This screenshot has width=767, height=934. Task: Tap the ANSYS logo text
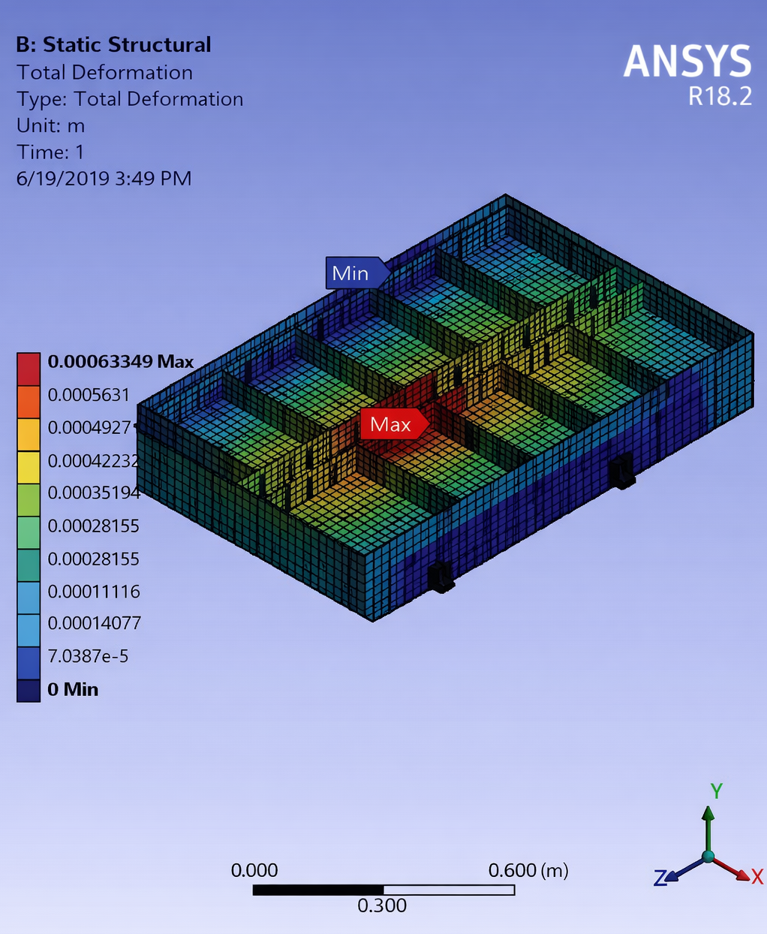[687, 61]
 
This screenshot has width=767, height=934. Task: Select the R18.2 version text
[720, 96]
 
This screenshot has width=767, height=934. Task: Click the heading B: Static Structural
[114, 45]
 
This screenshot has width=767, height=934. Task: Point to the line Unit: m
[50, 126]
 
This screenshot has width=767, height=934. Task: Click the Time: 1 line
[50, 152]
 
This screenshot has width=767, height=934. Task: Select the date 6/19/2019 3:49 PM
[104, 179]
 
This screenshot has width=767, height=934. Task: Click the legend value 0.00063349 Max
[121, 362]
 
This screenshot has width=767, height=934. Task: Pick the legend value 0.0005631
[89, 395]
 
